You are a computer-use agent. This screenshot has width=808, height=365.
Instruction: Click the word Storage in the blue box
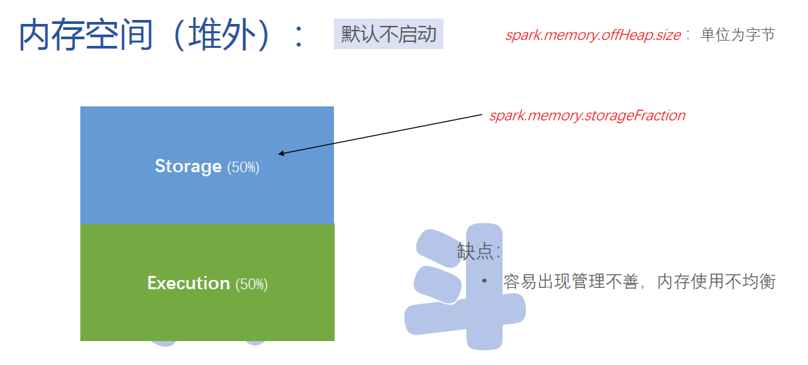(x=189, y=167)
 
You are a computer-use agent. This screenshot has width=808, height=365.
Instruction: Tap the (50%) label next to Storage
(x=243, y=168)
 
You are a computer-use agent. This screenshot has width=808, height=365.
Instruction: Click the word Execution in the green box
(x=189, y=283)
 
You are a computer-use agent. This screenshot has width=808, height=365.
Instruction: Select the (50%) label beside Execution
(x=252, y=284)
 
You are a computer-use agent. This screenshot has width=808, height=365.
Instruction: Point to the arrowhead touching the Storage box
(x=281, y=154)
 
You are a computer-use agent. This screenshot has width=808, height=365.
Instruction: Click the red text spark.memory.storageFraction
(x=587, y=116)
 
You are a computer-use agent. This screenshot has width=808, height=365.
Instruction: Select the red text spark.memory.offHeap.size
(x=593, y=35)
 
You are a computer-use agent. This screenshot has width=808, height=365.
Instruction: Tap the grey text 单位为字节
(x=738, y=35)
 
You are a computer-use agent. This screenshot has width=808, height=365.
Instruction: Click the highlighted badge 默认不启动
(x=388, y=34)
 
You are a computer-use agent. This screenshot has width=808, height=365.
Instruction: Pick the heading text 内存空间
(x=86, y=35)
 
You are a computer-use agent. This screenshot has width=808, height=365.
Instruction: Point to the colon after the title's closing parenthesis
(x=298, y=37)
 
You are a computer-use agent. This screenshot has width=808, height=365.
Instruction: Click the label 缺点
(x=475, y=251)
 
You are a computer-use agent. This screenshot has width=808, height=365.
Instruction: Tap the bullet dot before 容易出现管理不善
(x=485, y=281)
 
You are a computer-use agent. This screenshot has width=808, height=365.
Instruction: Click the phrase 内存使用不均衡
(x=716, y=281)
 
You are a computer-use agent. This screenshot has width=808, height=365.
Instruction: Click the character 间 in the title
(x=136, y=35)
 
